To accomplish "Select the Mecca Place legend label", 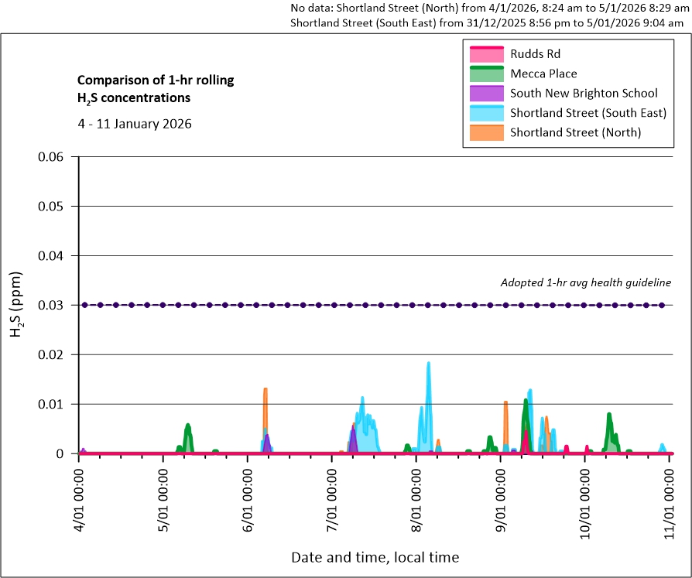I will click(543, 74).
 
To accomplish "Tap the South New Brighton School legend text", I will click(584, 93).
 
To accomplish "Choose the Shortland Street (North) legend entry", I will click(575, 132).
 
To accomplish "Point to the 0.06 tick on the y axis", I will click(57, 157).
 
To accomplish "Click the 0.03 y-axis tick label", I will click(57, 305).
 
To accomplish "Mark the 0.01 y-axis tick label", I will click(57, 404).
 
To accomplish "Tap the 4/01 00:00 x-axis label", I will click(79, 496).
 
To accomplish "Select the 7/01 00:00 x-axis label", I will click(332, 496).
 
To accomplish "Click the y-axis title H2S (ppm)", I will click(16, 305).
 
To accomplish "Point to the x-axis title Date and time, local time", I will click(375, 557).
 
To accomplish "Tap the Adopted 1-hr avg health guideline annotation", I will click(586, 283).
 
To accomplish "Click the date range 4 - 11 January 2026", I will click(135, 124).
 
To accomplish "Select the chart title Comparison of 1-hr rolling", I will click(155, 80).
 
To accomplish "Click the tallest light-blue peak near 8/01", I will click(428, 364).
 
